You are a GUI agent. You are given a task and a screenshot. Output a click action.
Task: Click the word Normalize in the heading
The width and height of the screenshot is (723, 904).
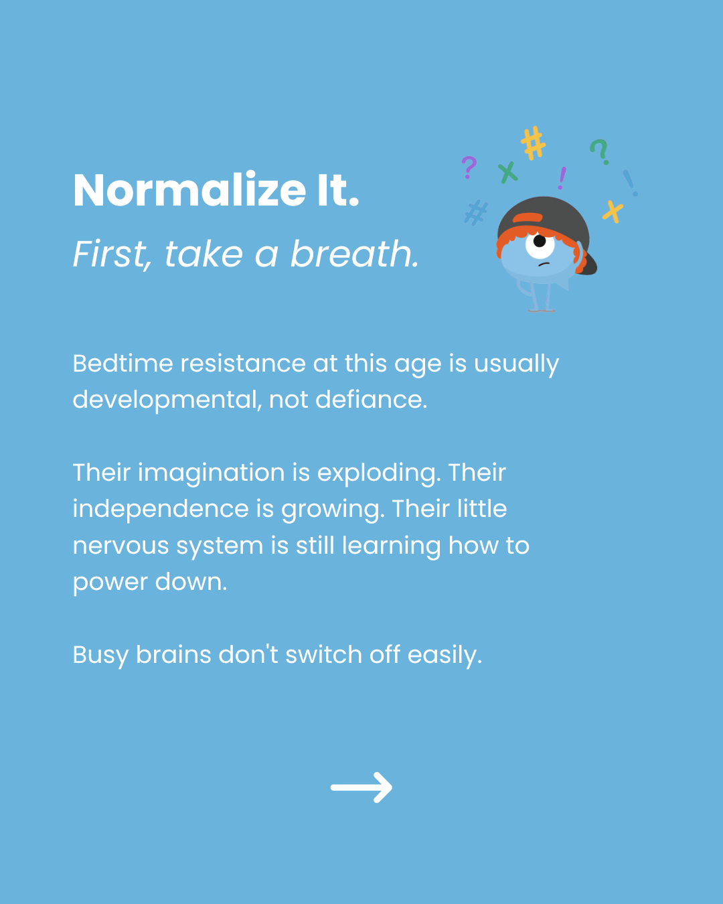189,190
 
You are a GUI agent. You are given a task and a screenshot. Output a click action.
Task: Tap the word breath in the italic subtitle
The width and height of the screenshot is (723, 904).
355,254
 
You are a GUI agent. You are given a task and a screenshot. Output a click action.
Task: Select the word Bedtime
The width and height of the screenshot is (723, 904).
123,363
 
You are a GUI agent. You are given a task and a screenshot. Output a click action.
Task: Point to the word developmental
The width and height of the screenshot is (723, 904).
167,400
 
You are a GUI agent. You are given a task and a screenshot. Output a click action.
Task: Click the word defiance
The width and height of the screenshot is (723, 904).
372,399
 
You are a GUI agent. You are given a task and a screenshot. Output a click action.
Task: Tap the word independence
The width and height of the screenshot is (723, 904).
161,509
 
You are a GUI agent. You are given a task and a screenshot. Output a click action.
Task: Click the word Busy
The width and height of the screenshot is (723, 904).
100,656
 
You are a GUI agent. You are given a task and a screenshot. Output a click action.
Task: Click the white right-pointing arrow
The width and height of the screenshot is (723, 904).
361,787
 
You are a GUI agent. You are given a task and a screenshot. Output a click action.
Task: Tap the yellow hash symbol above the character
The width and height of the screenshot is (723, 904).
533,143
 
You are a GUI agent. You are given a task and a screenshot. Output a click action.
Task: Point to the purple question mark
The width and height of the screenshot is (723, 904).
469,167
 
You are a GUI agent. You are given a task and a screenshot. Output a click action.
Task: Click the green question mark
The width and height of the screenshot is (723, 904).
600,151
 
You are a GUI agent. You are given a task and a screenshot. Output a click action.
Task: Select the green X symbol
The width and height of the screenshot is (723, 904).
507,172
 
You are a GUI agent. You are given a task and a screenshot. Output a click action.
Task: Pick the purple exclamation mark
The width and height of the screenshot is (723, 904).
562,178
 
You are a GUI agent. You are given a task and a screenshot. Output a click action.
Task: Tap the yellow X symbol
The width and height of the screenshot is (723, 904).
613,212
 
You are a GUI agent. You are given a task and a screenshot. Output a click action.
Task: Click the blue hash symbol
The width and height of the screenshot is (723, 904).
476,212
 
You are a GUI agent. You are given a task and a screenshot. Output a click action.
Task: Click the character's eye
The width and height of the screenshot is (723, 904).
540,244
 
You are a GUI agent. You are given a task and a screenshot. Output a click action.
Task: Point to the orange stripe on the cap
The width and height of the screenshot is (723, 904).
528,218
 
